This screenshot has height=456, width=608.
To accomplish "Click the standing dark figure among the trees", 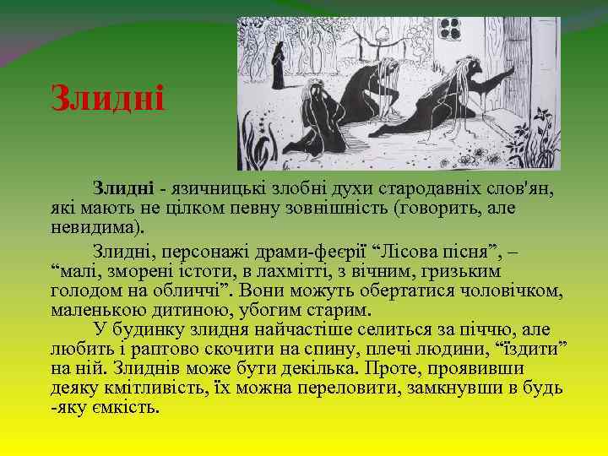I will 278,65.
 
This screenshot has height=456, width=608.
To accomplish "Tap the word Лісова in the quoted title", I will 412,251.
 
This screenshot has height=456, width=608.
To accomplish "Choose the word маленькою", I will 100,308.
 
